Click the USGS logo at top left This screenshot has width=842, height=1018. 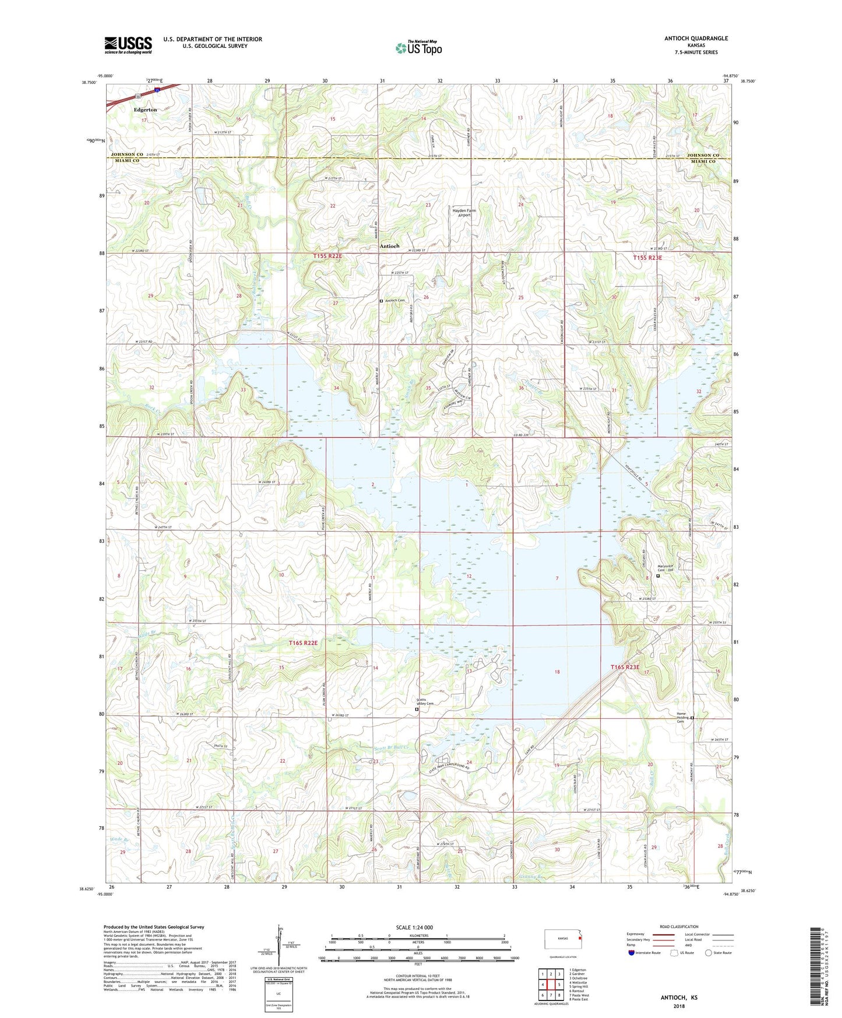(x=128, y=44)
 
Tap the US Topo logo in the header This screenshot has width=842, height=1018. (x=418, y=48)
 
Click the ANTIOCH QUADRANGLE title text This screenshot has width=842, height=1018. (x=696, y=38)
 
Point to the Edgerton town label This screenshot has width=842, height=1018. (x=145, y=110)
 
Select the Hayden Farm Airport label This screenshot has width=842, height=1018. (x=464, y=213)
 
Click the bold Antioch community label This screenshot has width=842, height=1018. (x=389, y=246)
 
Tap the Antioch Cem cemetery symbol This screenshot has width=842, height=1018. (x=381, y=301)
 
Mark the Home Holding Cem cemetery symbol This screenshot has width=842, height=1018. (x=692, y=718)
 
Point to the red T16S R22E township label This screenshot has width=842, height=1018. (x=303, y=643)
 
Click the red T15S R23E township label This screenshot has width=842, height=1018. (x=647, y=257)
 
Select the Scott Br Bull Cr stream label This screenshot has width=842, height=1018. (x=392, y=749)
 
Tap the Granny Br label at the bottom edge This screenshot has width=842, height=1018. (x=530, y=876)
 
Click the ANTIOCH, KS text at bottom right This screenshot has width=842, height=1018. (x=679, y=997)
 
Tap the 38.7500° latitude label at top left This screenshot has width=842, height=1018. (x=90, y=83)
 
